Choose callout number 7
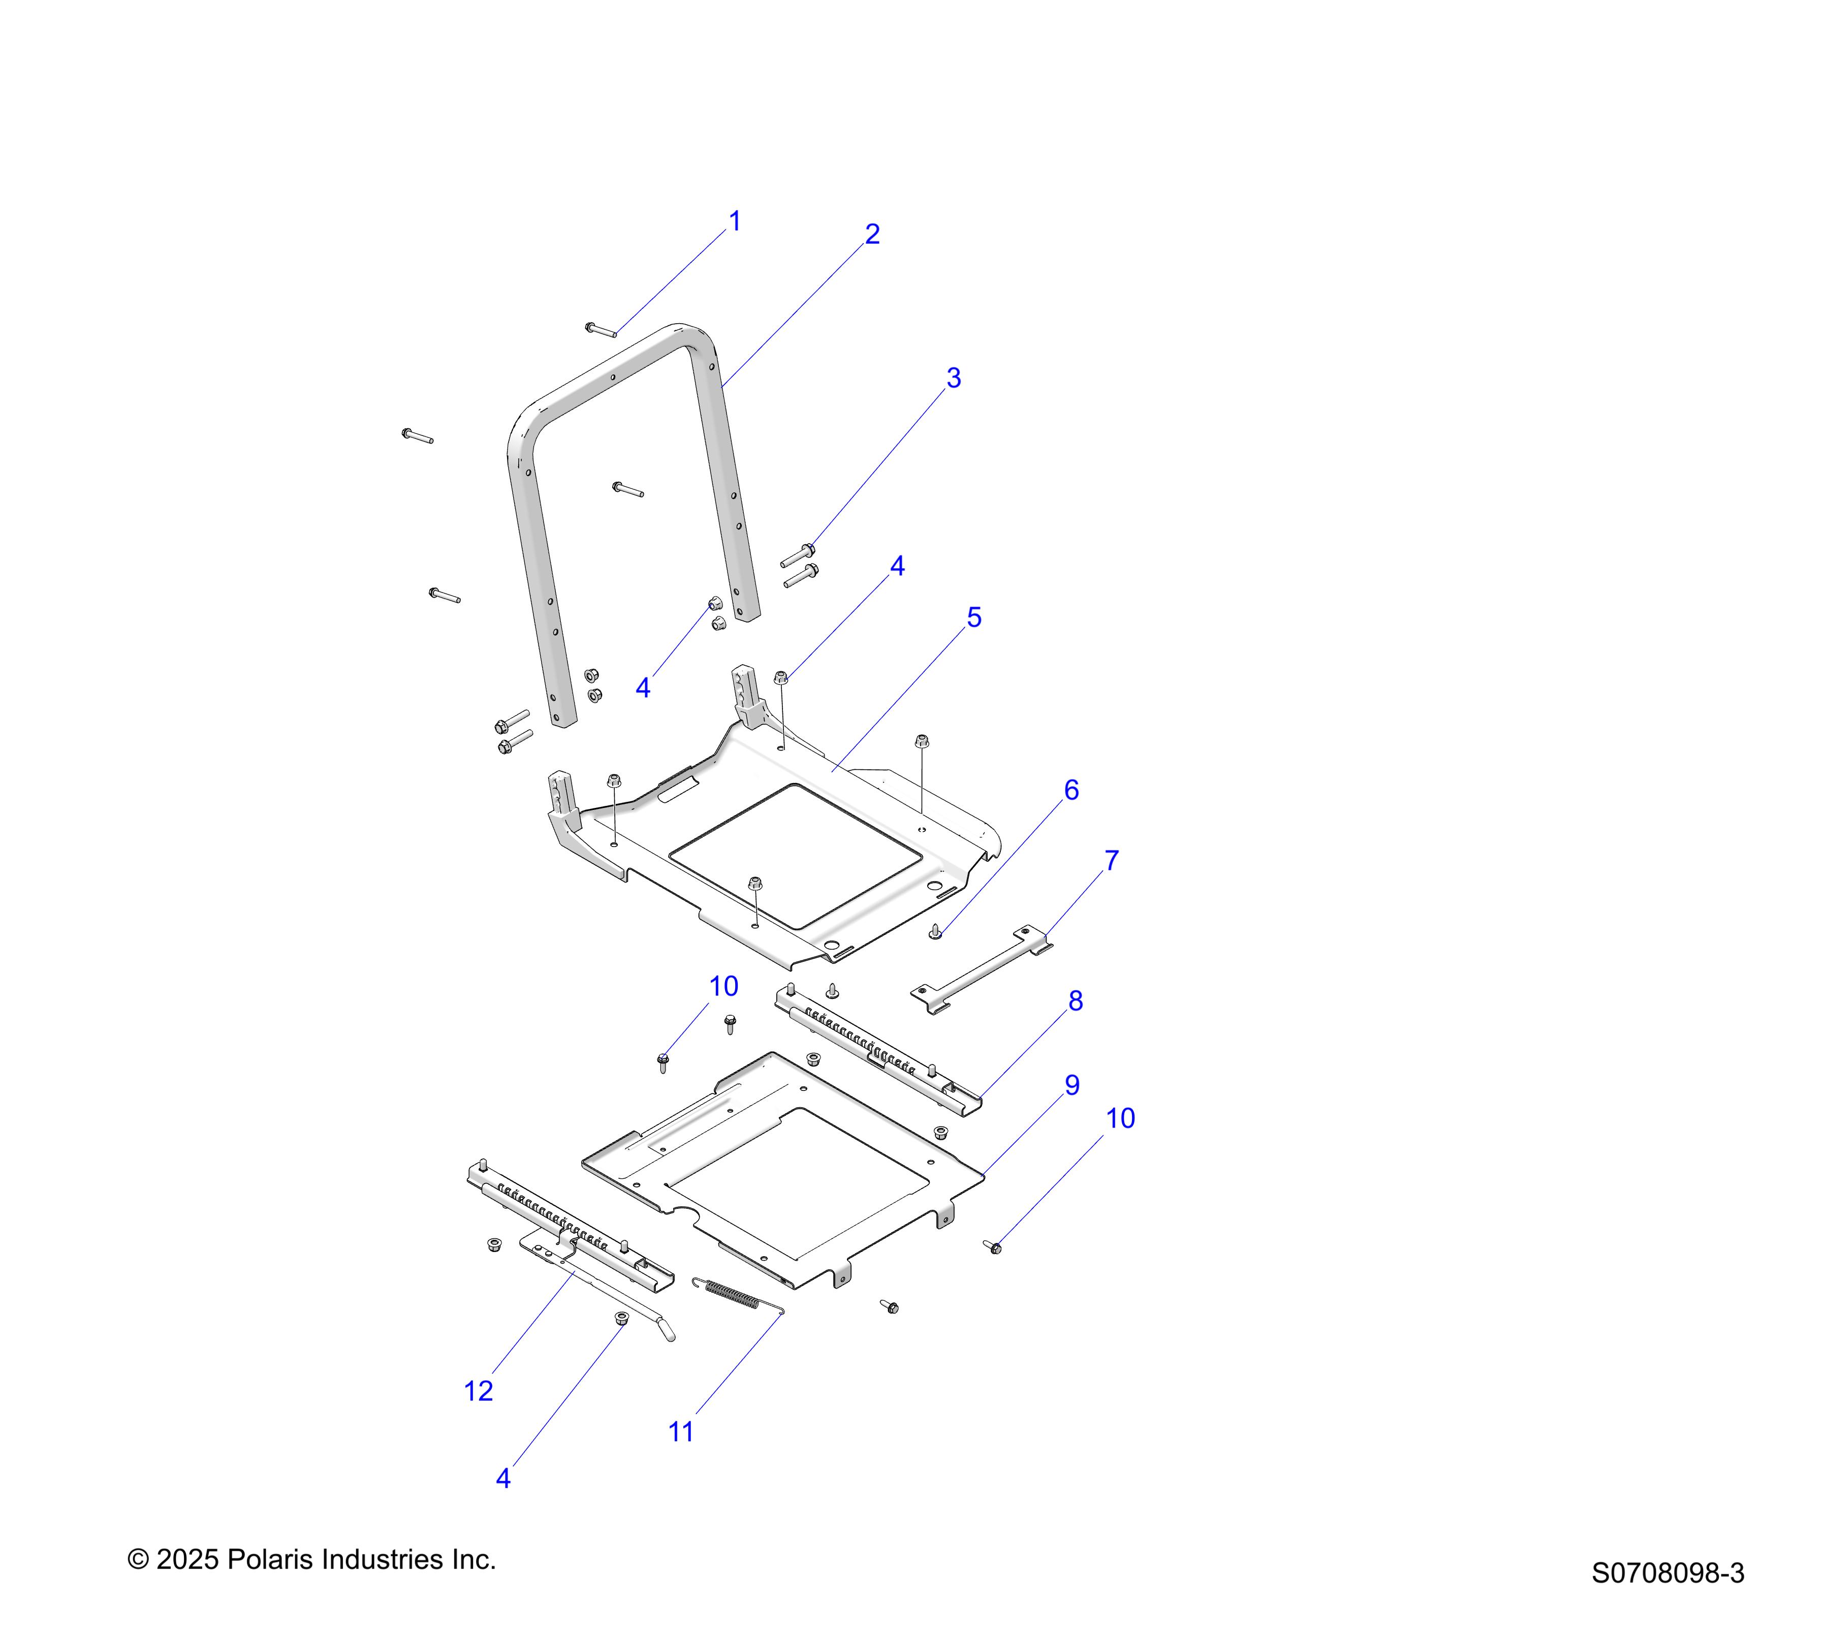pos(1111,861)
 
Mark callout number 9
pos(1072,1085)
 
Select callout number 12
pos(479,1392)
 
